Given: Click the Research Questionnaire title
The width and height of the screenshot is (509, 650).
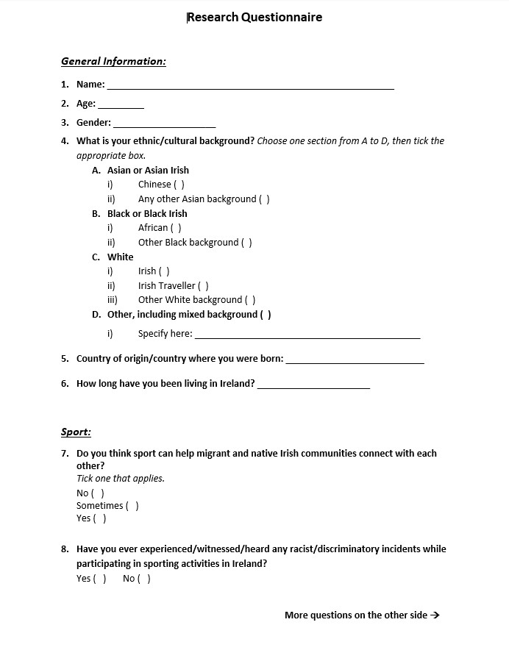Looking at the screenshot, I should click(254, 17).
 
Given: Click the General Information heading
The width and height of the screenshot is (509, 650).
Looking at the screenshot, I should click(113, 61).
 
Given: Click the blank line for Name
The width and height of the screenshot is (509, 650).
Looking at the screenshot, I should click(250, 86).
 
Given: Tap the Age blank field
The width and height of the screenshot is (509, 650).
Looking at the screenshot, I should click(121, 105).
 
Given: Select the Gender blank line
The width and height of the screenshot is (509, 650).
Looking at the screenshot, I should click(164, 124).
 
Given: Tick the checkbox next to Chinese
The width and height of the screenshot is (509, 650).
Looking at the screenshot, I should click(179, 185).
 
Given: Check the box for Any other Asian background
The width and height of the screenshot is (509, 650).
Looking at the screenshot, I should click(264, 199).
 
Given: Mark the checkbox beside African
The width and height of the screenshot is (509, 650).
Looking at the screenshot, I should click(176, 228).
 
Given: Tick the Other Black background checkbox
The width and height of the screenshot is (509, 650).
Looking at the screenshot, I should click(246, 243).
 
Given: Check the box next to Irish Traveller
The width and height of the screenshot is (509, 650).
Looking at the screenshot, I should click(203, 286).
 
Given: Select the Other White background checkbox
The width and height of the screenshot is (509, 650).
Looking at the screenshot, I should click(250, 300).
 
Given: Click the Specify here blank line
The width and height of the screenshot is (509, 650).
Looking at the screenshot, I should click(307, 335).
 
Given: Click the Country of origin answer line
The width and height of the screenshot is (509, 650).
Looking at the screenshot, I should click(355, 360).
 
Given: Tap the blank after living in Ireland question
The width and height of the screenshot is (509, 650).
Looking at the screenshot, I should click(313, 385).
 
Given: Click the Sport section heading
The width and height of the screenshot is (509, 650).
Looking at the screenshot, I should click(76, 432).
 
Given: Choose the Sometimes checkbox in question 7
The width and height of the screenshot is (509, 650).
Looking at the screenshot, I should click(132, 506).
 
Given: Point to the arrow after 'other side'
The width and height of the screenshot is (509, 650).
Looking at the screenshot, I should click(435, 615).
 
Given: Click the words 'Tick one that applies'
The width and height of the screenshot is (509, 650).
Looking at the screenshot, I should click(121, 479).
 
